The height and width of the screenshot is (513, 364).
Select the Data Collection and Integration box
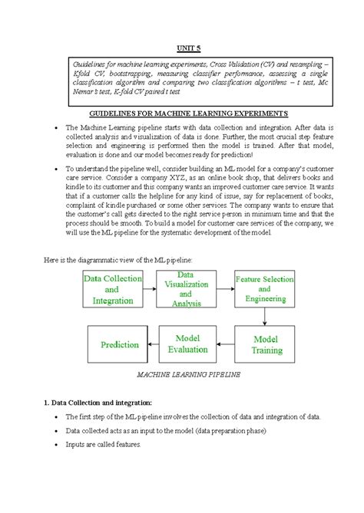click(111, 290)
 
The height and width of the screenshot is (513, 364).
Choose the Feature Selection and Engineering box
click(264, 290)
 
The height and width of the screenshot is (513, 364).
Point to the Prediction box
click(118, 344)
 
